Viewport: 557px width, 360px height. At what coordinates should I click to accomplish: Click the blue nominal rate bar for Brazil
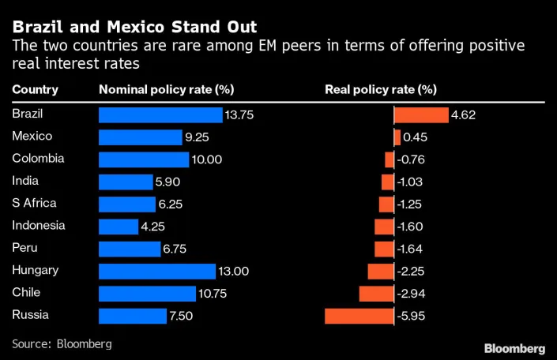(160, 115)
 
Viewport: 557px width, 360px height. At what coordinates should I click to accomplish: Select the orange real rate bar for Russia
(359, 317)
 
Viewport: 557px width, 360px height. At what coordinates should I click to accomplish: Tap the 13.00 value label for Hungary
(234, 272)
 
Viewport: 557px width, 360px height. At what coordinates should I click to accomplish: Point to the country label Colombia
(38, 159)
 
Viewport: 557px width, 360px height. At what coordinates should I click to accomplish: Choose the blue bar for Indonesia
(119, 227)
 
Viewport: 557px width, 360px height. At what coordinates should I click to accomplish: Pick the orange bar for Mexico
(397, 137)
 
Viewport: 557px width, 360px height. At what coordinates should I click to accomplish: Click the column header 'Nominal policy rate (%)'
(166, 89)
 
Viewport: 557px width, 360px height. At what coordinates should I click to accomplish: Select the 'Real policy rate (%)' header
(381, 89)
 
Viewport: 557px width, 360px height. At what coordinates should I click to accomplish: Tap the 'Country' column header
(35, 89)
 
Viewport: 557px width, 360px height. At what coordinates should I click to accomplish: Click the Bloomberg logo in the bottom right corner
(514, 348)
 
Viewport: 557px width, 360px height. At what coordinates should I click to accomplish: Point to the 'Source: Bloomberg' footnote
(62, 344)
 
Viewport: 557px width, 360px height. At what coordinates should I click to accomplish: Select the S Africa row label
(34, 204)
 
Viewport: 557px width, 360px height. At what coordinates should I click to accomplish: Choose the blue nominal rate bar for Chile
(147, 294)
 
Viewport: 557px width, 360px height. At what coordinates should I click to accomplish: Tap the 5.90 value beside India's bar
(169, 182)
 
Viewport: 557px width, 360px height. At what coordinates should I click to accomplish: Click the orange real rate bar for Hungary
(381, 272)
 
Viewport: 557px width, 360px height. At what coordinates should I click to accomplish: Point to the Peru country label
(25, 248)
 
